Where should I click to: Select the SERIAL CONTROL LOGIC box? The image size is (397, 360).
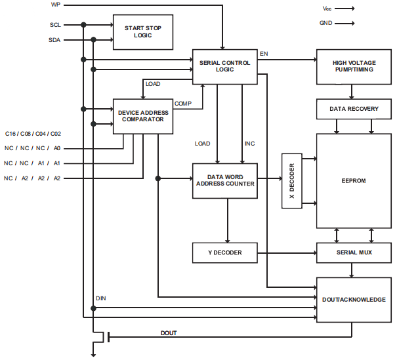225,66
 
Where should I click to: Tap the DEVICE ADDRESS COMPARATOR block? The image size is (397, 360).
143,116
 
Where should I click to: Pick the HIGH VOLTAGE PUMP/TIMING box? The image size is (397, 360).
354,66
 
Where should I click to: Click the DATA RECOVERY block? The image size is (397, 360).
354,109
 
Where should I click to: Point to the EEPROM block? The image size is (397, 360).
354,180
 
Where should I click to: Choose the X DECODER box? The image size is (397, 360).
291,181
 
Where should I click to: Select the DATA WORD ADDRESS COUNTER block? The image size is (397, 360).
225,180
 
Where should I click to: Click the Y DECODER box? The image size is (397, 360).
225,252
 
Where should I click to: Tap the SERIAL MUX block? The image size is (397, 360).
354,252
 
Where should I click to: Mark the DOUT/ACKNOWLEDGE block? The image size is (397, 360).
354,300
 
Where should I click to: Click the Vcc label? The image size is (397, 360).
327,9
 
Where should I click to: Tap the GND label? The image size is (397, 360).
326,23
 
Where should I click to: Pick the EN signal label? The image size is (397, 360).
264,53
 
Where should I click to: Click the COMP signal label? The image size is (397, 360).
182,103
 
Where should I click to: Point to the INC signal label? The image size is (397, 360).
249,143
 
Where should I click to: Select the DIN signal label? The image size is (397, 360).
100,299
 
